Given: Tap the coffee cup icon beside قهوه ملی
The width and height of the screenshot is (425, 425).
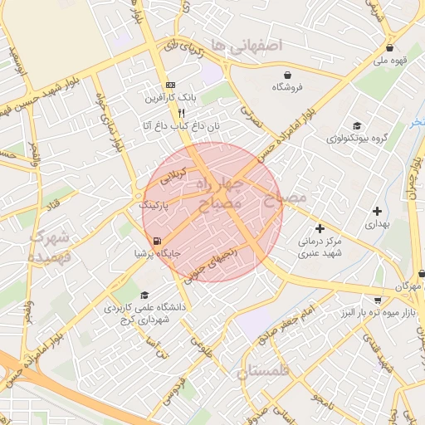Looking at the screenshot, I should (x=413, y=48).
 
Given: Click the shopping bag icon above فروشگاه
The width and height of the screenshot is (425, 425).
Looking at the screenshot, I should (x=288, y=74).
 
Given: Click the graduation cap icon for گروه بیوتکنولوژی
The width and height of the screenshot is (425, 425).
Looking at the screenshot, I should (x=357, y=125).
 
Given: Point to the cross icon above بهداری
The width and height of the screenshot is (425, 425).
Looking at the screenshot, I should (x=378, y=211).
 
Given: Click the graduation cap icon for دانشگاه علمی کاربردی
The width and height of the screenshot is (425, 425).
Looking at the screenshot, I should (x=144, y=295).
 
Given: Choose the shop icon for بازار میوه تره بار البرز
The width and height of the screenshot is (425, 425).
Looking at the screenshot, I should (x=379, y=300).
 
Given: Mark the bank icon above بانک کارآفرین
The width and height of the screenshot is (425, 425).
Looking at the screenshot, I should (x=171, y=85).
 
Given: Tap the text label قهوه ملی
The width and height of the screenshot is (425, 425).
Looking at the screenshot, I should (x=389, y=60).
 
